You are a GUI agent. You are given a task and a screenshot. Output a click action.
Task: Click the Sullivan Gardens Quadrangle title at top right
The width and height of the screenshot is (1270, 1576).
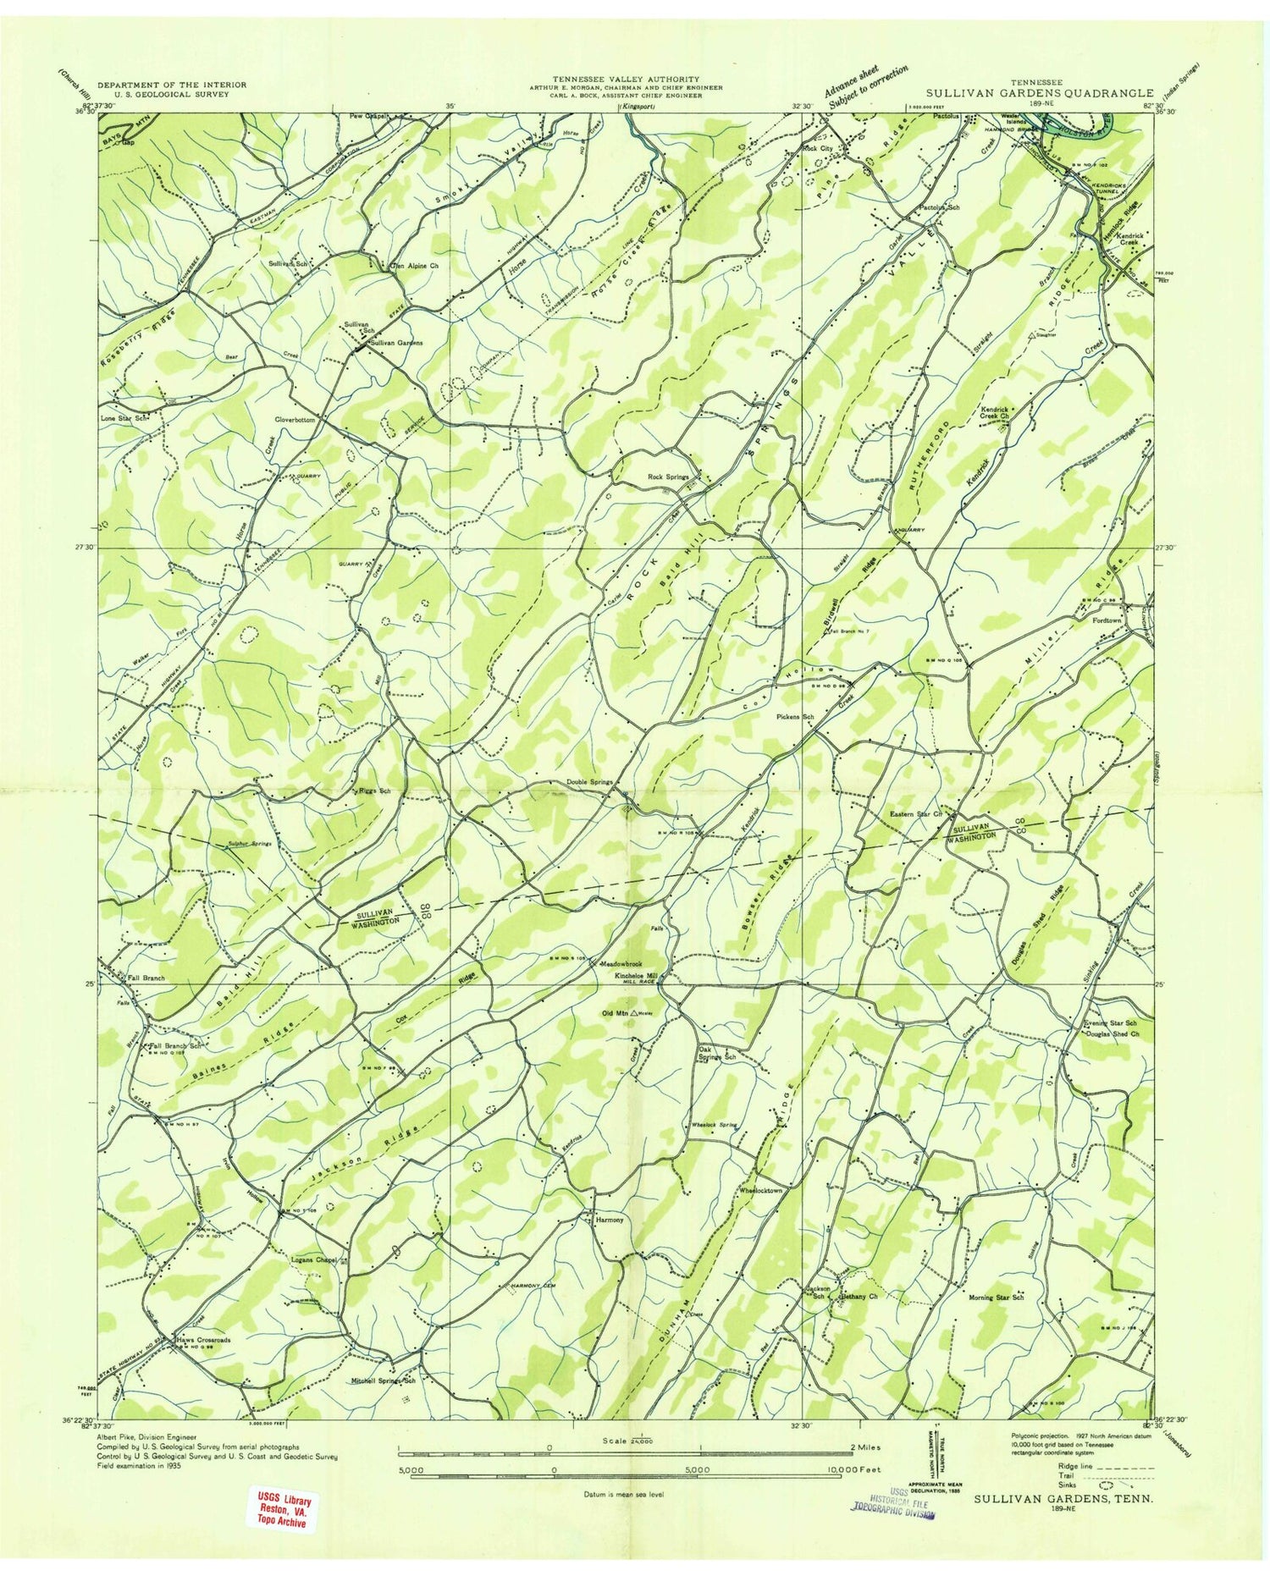coord(1039,93)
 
